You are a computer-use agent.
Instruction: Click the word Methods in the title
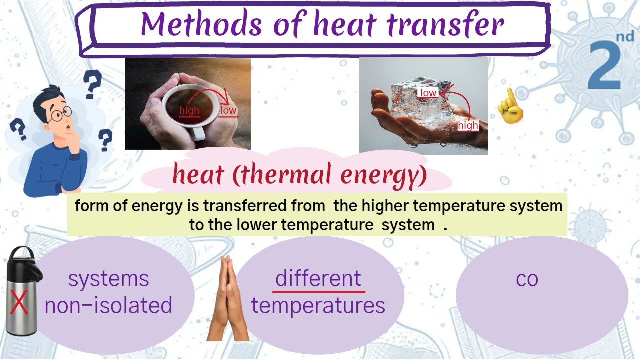[201, 24]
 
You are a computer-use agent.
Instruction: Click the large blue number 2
[605, 65]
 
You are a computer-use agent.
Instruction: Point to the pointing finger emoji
[510, 106]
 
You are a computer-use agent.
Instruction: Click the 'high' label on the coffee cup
[189, 110]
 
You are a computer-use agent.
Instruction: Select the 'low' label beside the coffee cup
[228, 110]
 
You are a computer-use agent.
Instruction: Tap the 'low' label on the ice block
[428, 93]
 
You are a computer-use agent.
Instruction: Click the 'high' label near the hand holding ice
[468, 125]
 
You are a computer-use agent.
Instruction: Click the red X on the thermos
[19, 302]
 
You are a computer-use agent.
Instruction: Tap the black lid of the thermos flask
[25, 263]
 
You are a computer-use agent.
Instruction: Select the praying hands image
[228, 298]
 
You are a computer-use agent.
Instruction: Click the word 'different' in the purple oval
[318, 278]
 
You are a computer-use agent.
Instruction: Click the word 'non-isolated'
[109, 305]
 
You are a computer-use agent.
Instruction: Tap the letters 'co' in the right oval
[527, 279]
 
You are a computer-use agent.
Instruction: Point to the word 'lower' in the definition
[257, 225]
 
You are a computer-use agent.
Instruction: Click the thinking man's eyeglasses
[61, 114]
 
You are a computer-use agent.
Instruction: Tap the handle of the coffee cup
[198, 133]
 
